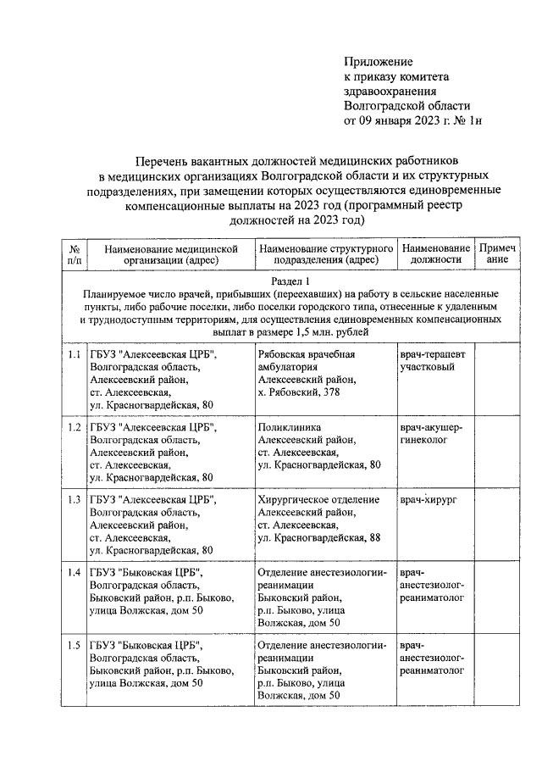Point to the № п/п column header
tap(74, 254)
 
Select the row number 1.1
tap(74, 353)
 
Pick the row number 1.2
tap(74, 427)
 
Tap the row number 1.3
tap(74, 500)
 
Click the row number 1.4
tap(74, 573)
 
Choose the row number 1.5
tap(74, 646)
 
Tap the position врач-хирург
tap(428, 500)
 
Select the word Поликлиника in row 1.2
tap(289, 427)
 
